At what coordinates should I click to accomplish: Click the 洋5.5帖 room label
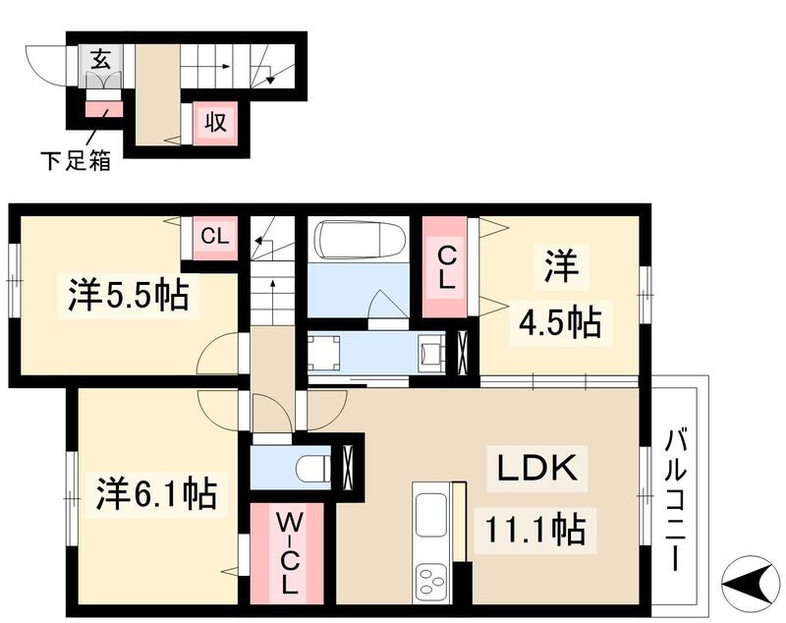129,294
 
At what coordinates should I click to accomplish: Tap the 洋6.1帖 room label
156,490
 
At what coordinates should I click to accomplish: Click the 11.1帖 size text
534,531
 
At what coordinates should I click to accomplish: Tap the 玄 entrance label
101,58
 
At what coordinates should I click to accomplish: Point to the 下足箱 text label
75,159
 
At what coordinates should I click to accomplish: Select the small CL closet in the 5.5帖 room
214,237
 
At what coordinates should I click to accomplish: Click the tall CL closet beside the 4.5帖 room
447,266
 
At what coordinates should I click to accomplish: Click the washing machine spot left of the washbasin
325,353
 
